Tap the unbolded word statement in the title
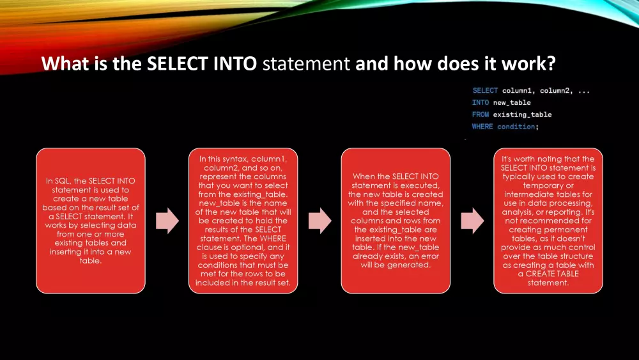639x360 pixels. point(306,63)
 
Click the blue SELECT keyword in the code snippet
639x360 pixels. point(485,91)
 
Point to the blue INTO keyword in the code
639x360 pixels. point(481,102)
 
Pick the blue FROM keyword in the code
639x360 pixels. point(481,114)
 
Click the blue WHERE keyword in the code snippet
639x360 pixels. point(482,127)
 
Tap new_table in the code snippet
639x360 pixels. point(512,103)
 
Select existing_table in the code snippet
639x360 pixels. point(523,114)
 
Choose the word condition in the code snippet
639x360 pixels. point(516,127)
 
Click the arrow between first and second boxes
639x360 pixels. point(167,221)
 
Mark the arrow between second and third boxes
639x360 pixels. point(320,221)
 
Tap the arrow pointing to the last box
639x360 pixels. point(472,221)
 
